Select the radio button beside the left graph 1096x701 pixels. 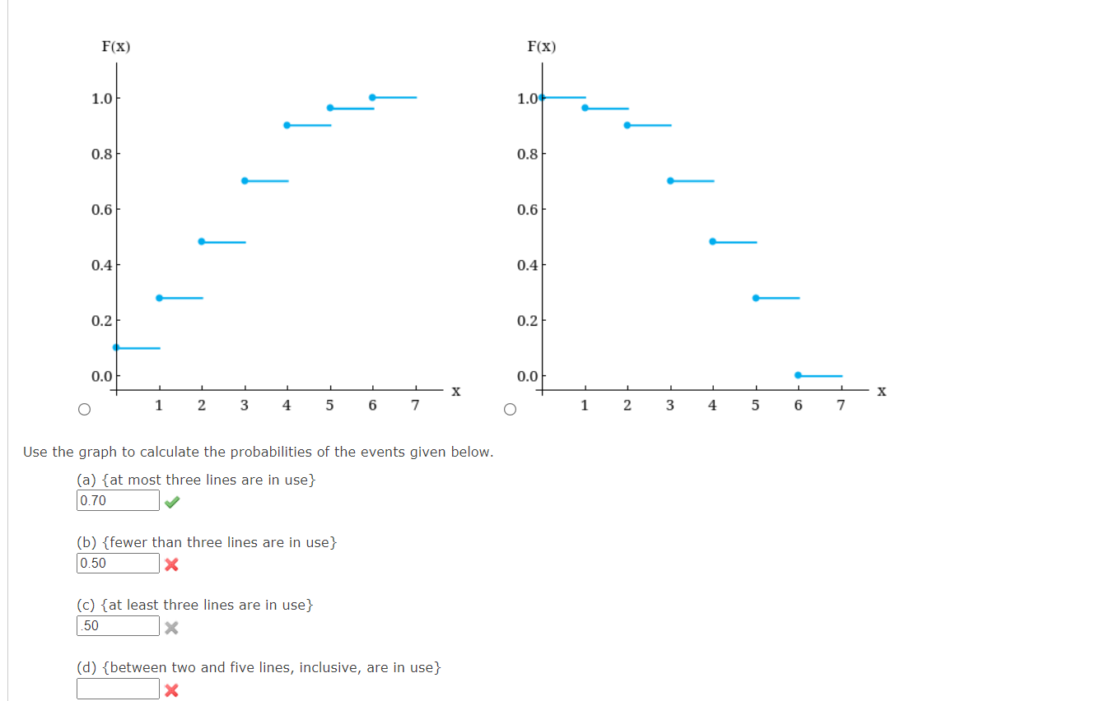point(84,409)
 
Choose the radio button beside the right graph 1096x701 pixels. point(510,409)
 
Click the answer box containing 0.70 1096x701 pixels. point(118,500)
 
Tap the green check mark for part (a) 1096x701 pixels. point(172,502)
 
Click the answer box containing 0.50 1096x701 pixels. point(118,564)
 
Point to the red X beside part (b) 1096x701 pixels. point(171,564)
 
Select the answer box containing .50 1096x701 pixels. point(118,626)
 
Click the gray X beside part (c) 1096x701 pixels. point(171,628)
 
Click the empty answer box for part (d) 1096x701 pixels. point(118,689)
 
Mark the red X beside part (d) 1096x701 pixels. point(171,690)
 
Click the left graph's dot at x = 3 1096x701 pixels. point(245,180)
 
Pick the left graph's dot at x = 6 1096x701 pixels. point(372,97)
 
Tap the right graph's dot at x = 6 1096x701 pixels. point(798,375)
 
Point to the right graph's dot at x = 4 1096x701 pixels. point(712,241)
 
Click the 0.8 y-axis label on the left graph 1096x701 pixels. point(101,154)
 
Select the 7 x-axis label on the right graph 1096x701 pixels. point(841,406)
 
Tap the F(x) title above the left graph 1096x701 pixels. point(115,47)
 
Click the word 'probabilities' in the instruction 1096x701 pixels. point(280,453)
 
